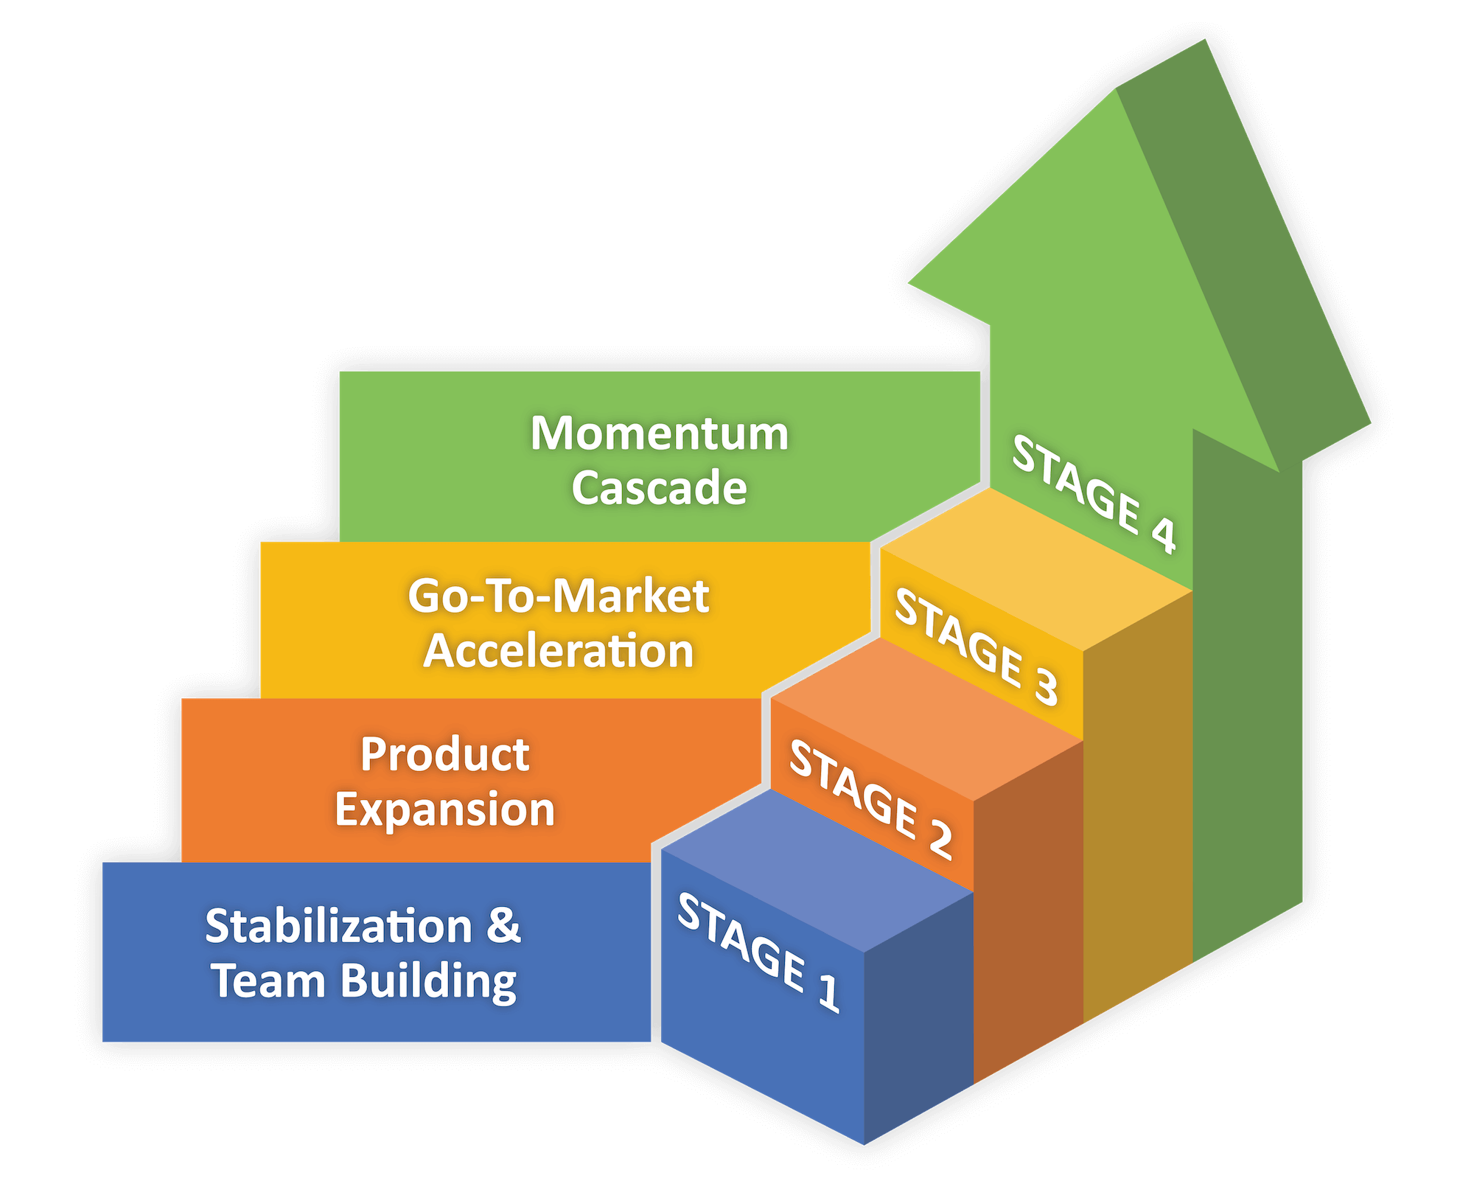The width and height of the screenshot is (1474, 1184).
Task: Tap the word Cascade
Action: pyautogui.click(x=660, y=488)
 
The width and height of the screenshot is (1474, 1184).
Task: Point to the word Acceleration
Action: pyautogui.click(x=559, y=651)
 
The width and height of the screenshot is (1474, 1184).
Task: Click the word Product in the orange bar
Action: pyautogui.click(x=444, y=754)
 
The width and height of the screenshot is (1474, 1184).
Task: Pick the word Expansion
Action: pyautogui.click(x=444, y=809)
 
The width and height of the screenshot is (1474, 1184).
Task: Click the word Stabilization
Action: pyautogui.click(x=338, y=926)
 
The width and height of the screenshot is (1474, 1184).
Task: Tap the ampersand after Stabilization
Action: pyautogui.click(x=503, y=926)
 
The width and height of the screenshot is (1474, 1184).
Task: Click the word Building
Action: pyautogui.click(x=428, y=983)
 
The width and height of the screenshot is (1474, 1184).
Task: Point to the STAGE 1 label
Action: pyautogui.click(x=758, y=952)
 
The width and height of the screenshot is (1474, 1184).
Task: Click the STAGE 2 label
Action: pyautogui.click(x=870, y=799)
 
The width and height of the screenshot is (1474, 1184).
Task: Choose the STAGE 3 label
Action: pyautogui.click(x=976, y=647)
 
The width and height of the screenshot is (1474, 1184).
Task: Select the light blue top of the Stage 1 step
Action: pyautogui.click(x=818, y=870)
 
